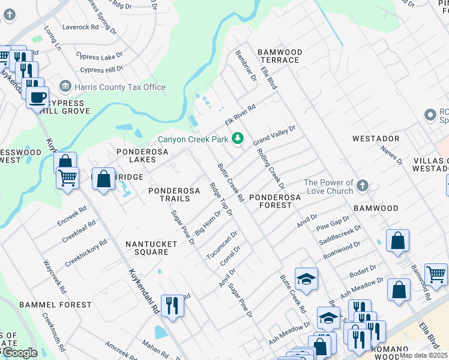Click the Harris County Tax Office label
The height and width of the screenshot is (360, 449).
click(119, 87)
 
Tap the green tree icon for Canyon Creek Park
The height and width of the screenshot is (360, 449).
click(238, 139)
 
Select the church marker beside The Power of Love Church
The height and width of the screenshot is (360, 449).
click(362, 186)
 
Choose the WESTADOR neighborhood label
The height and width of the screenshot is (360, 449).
click(376, 139)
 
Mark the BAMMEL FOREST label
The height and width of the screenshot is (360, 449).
click(55, 305)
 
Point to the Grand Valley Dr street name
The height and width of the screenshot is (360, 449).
click(274, 135)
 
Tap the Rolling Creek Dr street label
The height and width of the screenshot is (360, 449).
click(270, 166)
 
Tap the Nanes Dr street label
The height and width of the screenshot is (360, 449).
click(391, 155)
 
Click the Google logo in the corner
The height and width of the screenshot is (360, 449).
click(20, 353)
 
